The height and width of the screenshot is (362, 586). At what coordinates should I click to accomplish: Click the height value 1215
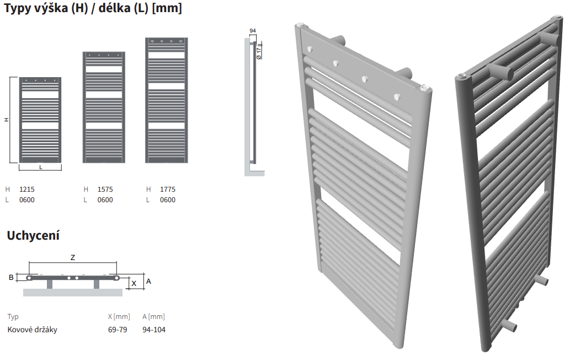(x=27, y=189)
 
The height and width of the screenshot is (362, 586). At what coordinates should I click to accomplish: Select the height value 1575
(x=105, y=189)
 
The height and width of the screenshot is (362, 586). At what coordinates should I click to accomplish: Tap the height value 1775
(x=167, y=189)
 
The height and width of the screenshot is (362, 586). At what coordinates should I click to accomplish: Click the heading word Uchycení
(x=33, y=235)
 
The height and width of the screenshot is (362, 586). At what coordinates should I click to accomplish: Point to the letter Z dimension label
(x=73, y=257)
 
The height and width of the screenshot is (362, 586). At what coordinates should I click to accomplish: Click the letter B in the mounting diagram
(x=11, y=277)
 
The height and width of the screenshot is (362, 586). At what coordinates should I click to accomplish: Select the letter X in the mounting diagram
(x=134, y=284)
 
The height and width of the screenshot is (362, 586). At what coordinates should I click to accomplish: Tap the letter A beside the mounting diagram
(x=148, y=281)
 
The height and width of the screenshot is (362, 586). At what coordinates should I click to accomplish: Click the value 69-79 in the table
(x=118, y=329)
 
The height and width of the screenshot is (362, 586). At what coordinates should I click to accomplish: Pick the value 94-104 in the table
(x=153, y=329)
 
